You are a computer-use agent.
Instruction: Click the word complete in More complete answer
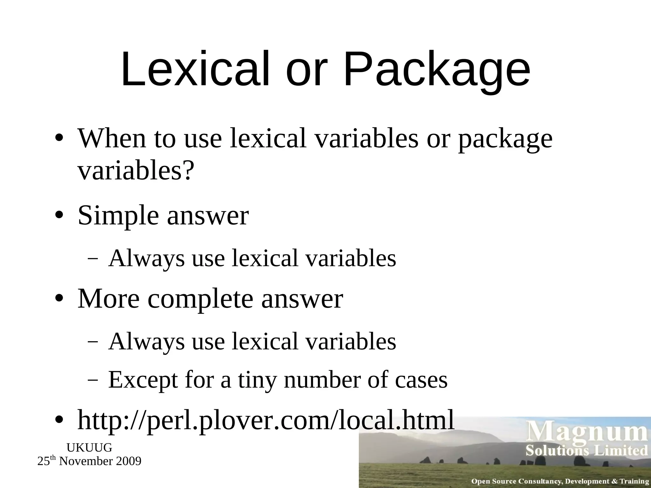201,300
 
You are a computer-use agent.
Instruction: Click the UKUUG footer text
89,448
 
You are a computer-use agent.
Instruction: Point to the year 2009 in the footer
128,461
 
